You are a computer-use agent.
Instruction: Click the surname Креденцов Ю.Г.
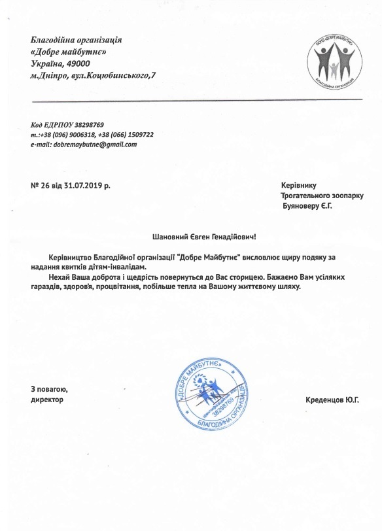[x=332, y=400]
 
